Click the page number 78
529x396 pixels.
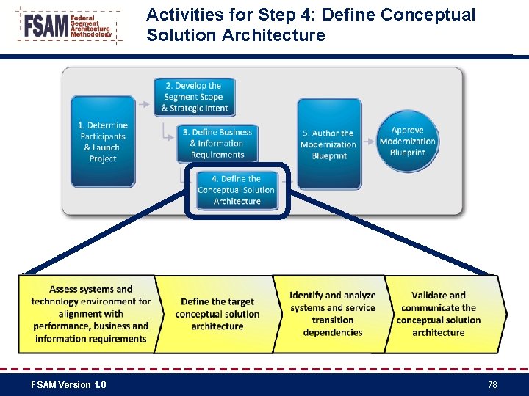click(x=492, y=385)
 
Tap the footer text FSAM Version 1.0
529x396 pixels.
click(x=68, y=385)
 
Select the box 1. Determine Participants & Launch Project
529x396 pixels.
click(x=103, y=142)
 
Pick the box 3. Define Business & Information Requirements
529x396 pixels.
click(x=217, y=143)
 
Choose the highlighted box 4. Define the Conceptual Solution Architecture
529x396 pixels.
click(x=237, y=190)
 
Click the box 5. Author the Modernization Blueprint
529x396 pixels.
click(x=328, y=144)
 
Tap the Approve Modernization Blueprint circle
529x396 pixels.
click(x=408, y=142)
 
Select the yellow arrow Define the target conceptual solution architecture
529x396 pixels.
click(x=217, y=314)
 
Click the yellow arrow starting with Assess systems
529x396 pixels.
click(x=91, y=314)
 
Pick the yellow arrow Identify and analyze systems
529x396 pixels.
click(x=332, y=314)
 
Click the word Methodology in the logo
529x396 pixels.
click(x=92, y=34)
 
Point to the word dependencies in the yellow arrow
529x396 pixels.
click(x=333, y=333)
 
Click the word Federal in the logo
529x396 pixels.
click(x=83, y=16)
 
